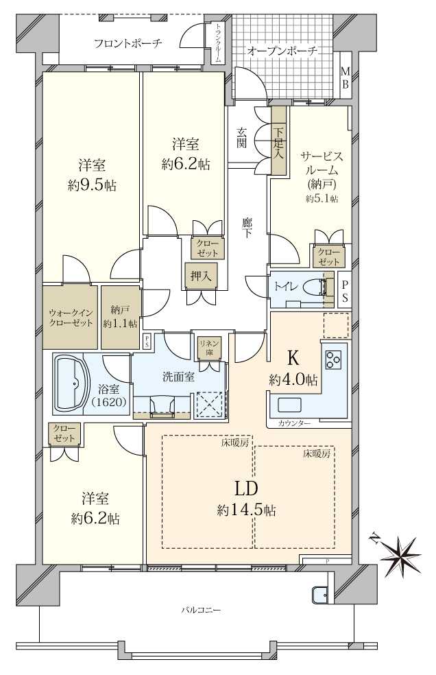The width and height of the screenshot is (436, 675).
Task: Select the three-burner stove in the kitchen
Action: point(333,359)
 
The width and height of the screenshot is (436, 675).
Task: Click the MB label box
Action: point(346,77)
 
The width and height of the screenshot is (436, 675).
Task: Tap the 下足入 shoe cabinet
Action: point(278,141)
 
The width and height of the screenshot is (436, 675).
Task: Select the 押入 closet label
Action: point(201,276)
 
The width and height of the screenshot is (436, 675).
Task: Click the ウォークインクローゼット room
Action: point(70,317)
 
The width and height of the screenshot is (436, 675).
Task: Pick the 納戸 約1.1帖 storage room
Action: point(121,317)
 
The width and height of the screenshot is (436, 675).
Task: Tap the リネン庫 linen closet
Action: point(209,348)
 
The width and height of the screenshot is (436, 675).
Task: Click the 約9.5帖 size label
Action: point(92,185)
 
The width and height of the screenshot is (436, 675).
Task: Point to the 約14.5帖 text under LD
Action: point(246,510)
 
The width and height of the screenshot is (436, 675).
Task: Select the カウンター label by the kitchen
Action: point(294,423)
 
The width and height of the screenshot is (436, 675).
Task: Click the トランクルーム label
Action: point(218,43)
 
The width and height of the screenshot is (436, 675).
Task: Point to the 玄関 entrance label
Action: point(241,138)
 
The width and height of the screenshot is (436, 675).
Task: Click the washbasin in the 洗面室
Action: point(162,407)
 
